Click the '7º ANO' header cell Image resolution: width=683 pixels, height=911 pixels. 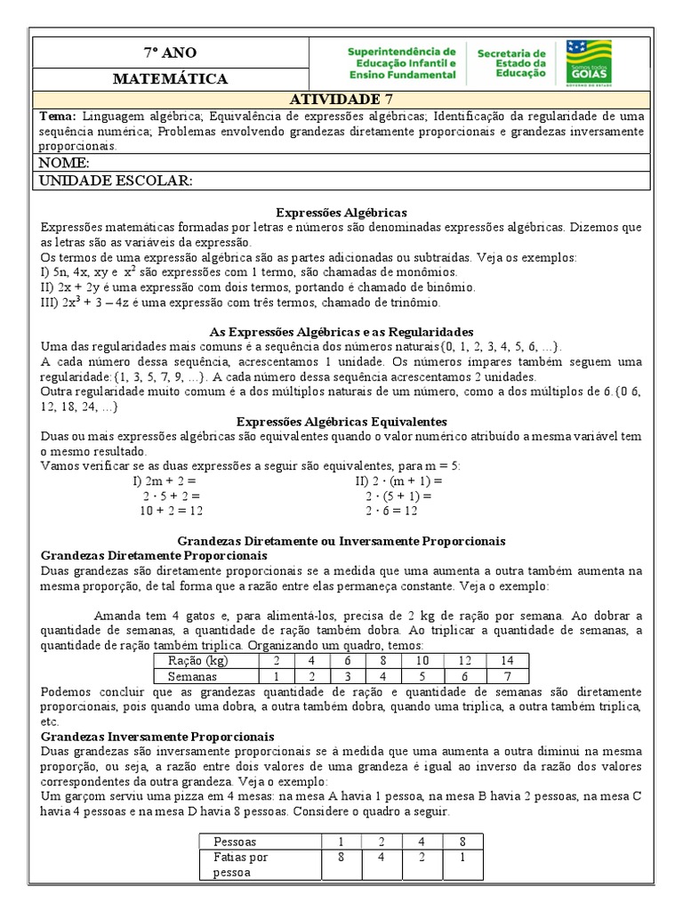point(170,52)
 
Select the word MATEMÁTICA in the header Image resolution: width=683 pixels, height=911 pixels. point(170,79)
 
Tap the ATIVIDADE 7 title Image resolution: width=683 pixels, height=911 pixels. point(341,99)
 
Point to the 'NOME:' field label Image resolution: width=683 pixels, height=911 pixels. point(61,163)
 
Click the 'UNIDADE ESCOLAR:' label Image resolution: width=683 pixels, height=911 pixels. point(113,181)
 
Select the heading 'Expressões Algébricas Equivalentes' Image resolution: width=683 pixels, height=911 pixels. point(341,421)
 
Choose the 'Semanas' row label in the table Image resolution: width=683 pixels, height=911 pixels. point(194,676)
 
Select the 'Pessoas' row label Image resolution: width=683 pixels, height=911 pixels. point(236,841)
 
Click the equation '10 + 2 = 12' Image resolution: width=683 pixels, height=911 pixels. point(172,511)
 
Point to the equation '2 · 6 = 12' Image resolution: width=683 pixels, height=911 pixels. point(391,511)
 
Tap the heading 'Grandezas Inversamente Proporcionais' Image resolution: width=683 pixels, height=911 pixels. point(158,737)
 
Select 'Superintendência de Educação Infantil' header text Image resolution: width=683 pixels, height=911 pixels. point(401,63)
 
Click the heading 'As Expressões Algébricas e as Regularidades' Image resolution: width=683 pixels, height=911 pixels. point(341,331)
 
